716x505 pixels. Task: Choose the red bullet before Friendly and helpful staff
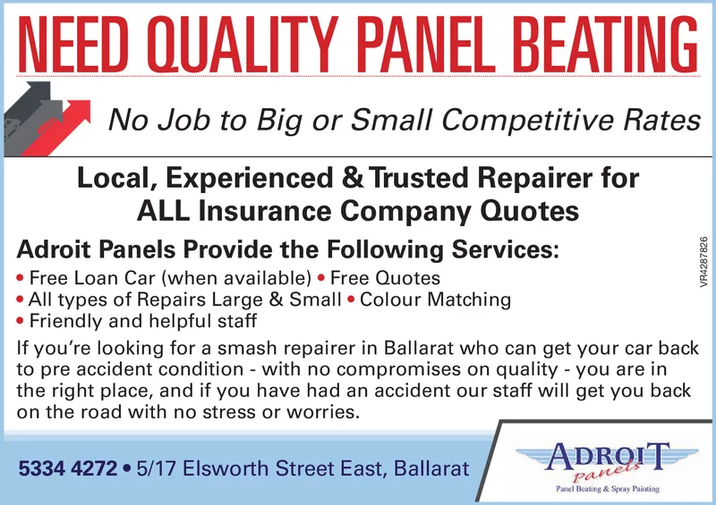click(x=22, y=320)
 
